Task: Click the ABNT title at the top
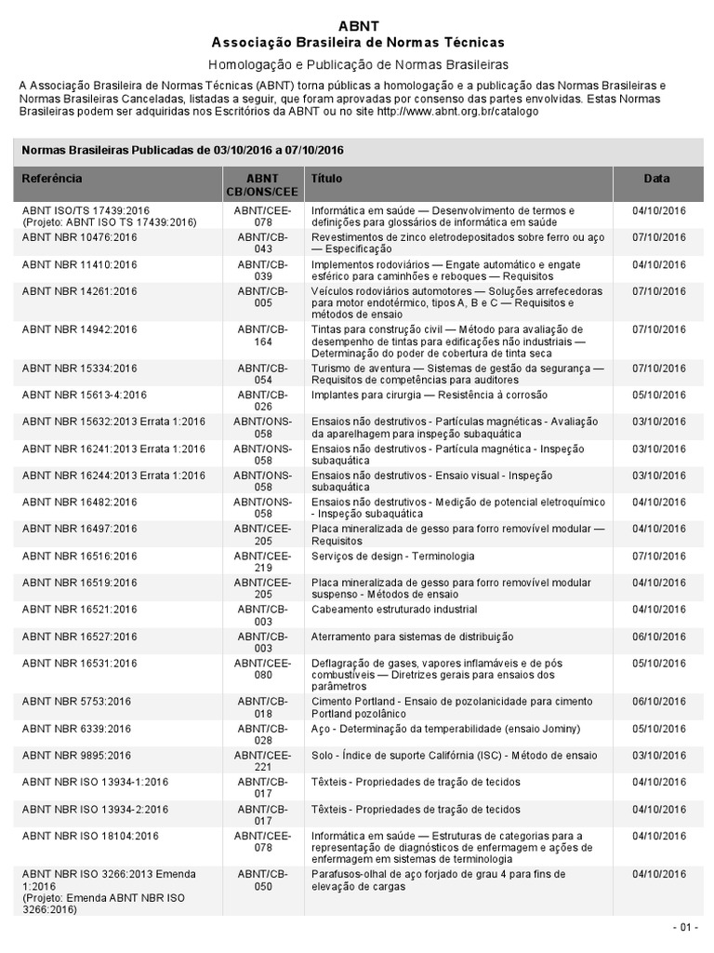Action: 358,26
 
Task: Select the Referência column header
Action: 52,178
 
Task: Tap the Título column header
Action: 326,178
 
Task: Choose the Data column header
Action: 656,178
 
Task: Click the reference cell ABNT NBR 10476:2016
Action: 80,237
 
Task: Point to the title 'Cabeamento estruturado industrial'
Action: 394,610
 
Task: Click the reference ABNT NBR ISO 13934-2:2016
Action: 95,809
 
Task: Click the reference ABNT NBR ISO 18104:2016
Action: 90,836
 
